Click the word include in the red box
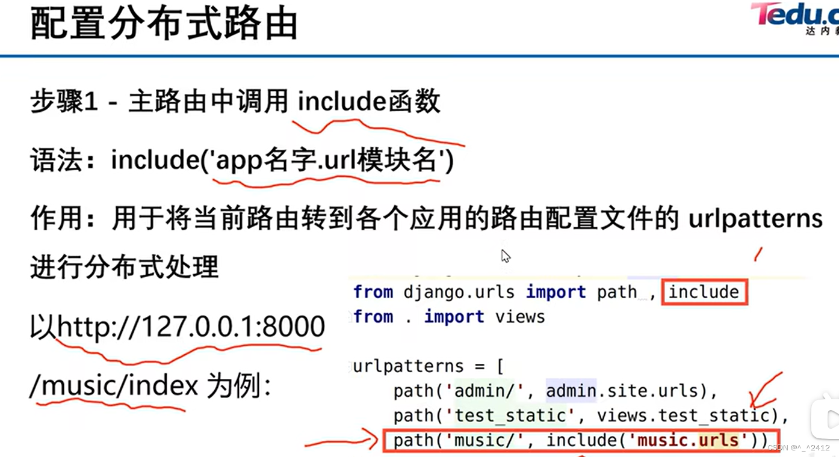click(704, 292)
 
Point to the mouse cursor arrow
click(505, 256)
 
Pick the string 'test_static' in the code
click(510, 416)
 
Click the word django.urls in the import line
click(459, 292)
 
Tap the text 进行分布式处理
click(124, 266)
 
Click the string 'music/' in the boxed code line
click(485, 441)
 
